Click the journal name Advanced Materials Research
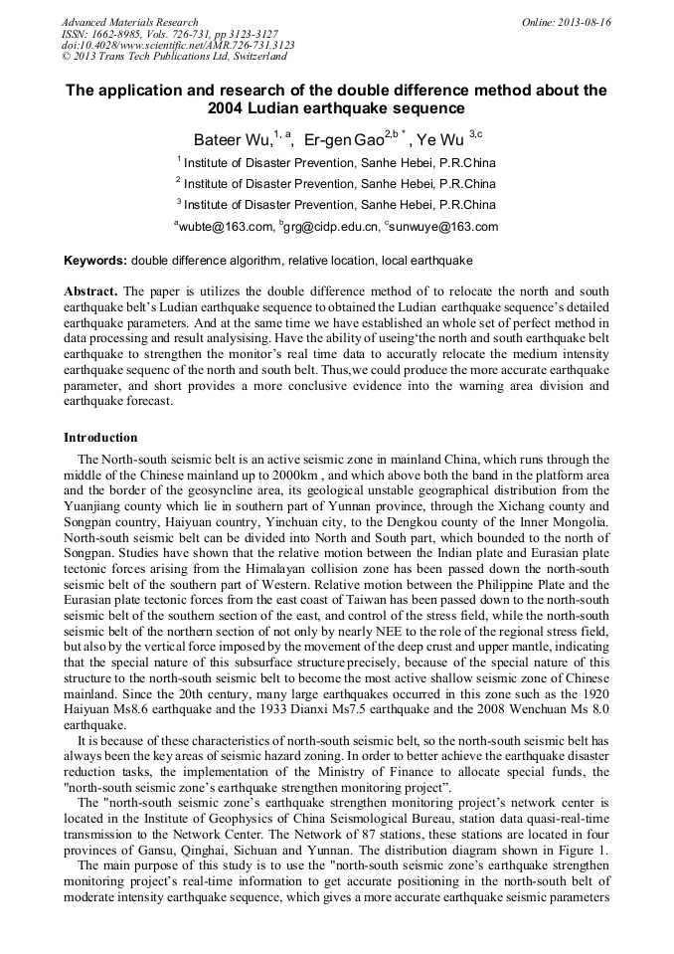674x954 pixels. [x=130, y=22]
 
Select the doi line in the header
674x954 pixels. [x=178, y=46]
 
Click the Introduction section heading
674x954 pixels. [x=100, y=438]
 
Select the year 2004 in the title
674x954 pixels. [x=228, y=107]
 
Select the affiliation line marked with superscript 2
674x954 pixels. [x=336, y=184]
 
